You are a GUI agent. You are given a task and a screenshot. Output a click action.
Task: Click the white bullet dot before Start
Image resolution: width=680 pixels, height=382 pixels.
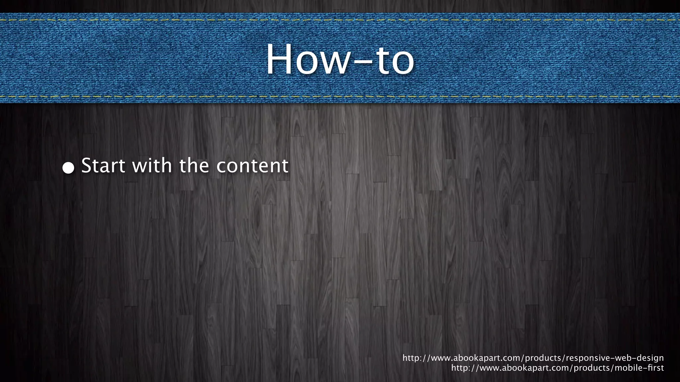pos(68,168)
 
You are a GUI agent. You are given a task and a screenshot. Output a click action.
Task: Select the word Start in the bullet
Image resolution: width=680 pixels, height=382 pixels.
pos(103,165)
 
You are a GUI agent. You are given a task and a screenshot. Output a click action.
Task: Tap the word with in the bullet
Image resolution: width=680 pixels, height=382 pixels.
pos(152,165)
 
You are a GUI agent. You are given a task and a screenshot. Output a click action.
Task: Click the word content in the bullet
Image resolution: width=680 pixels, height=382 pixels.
pos(252,166)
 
